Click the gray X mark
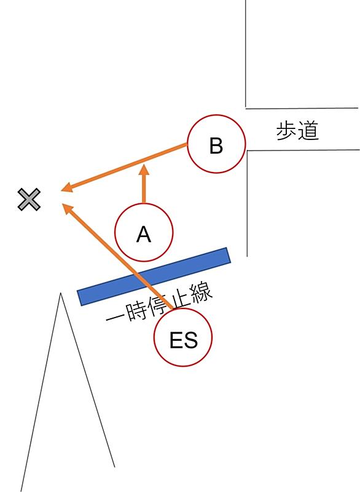29,199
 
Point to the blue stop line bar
154,276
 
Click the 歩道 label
297,131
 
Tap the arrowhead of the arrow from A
144,170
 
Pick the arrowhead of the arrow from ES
68,209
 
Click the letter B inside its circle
216,146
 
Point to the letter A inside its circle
144,234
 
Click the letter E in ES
176,340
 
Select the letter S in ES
190,340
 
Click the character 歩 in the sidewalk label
286,131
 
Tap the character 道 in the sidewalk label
308,131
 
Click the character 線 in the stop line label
203,294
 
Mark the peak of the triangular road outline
60,293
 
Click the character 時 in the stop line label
137,311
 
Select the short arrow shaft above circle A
144,189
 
